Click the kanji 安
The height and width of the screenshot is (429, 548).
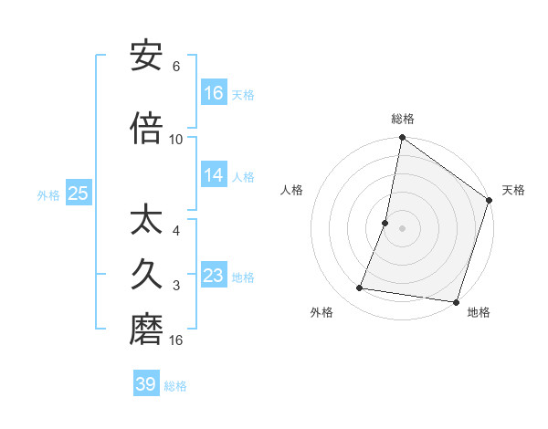tap(146, 57)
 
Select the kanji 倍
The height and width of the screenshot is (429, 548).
tap(146, 128)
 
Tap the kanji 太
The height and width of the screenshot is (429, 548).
tap(146, 222)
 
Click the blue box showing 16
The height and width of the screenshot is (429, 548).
tap(214, 93)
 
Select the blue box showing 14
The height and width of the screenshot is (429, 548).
tap(214, 175)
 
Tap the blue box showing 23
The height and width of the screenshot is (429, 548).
tap(214, 276)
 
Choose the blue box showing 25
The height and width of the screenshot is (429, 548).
tap(78, 194)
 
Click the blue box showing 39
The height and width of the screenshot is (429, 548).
tap(146, 384)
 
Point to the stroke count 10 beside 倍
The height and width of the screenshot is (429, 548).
tap(176, 139)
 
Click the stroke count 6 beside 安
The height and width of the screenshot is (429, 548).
tap(176, 67)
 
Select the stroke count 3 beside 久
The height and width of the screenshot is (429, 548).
tap(176, 286)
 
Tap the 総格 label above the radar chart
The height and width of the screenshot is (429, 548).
tap(403, 119)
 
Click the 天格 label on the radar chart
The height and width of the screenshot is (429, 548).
tap(513, 190)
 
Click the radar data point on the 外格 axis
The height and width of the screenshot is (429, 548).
tap(360, 288)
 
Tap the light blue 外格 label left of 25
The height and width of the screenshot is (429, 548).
tap(47, 194)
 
